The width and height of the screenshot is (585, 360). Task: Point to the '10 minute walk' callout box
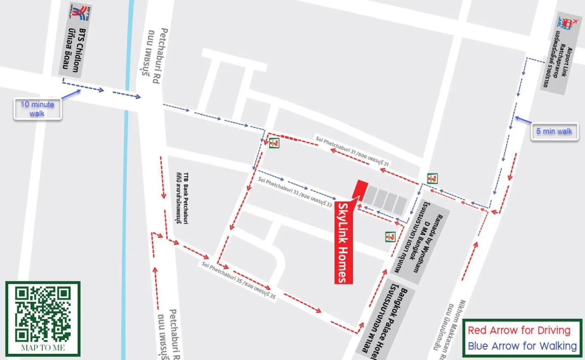coord(38,109)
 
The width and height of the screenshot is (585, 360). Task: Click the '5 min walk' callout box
coord(554,131)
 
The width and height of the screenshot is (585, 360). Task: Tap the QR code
coord(43,314)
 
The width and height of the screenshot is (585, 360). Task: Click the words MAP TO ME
coord(43,348)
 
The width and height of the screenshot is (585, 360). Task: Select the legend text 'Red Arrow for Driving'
coord(519,330)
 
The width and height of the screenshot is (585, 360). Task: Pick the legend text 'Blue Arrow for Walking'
coord(522,346)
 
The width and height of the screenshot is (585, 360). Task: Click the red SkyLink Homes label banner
coord(343,243)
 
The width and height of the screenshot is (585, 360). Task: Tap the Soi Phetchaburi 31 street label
coord(352,151)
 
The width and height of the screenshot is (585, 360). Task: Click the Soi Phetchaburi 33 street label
coord(295,192)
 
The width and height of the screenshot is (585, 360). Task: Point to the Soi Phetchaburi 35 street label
coord(239,279)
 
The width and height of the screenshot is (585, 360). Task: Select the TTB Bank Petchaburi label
coord(182,198)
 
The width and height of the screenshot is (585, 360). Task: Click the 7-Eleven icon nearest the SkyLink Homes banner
coord(390,237)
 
